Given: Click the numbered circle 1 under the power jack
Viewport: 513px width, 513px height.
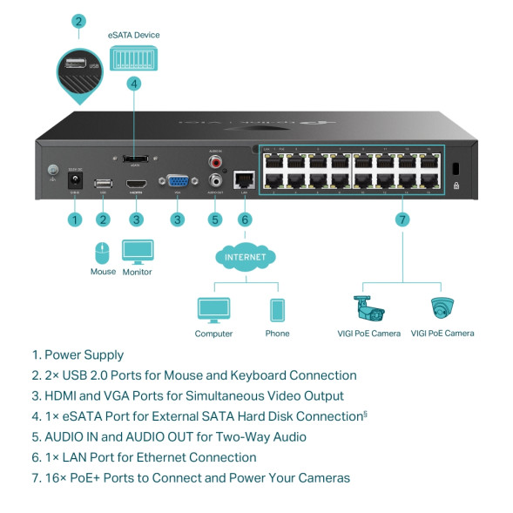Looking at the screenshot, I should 75,219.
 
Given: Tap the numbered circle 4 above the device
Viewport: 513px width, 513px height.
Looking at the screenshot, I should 133,84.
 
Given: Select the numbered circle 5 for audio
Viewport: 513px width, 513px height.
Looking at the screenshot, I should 215,219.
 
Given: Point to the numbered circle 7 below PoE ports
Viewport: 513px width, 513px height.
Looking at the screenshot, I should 402,219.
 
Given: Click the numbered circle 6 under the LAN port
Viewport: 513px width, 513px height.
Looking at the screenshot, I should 245,219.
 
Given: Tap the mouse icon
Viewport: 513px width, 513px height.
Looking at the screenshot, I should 102,253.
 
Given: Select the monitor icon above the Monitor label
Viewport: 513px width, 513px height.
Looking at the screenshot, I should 137,253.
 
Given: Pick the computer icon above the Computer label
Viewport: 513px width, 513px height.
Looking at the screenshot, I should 213,310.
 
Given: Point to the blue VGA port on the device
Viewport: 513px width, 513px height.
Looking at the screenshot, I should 178,183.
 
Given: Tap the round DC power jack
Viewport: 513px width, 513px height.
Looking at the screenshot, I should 75,180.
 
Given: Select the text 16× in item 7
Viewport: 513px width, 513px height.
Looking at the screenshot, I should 56,478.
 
